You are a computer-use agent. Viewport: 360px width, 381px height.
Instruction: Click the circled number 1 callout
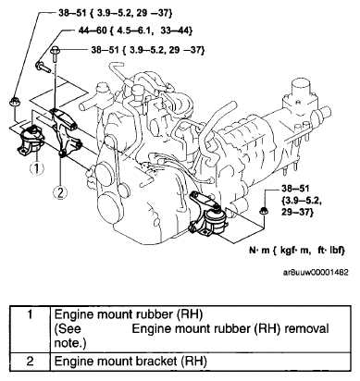click(x=36, y=168)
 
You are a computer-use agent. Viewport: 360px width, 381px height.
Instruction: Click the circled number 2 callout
click(x=60, y=192)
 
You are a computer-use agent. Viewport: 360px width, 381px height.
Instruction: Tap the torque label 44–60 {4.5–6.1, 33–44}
click(x=136, y=31)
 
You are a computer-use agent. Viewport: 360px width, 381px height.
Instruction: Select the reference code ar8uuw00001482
click(x=316, y=272)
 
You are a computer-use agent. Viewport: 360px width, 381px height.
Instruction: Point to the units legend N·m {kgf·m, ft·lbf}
click(x=297, y=251)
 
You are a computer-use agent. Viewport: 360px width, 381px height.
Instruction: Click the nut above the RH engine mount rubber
click(x=14, y=102)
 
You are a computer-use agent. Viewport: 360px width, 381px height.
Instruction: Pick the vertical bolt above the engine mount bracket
click(x=55, y=54)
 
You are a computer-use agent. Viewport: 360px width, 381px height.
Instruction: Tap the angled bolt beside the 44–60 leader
click(x=43, y=67)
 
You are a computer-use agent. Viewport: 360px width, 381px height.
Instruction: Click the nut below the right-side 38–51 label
click(x=264, y=211)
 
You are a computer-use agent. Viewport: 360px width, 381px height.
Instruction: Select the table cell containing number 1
click(x=30, y=328)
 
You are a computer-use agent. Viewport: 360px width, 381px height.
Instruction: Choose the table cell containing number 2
click(x=30, y=361)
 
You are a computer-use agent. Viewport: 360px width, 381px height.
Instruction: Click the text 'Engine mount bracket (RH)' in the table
click(x=130, y=361)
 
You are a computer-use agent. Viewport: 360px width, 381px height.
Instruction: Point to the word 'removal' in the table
click(x=306, y=328)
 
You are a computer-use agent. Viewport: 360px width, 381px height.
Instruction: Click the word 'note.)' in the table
click(x=70, y=343)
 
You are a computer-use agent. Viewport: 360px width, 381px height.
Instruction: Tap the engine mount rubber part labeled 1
click(x=31, y=141)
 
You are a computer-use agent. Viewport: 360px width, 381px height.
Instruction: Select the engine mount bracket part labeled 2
click(x=66, y=132)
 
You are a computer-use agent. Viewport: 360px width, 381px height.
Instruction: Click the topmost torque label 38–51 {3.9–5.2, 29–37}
click(x=115, y=13)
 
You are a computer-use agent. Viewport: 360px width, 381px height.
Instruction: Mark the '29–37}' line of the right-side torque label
click(x=297, y=212)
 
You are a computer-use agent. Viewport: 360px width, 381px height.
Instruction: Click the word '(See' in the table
click(x=68, y=328)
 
